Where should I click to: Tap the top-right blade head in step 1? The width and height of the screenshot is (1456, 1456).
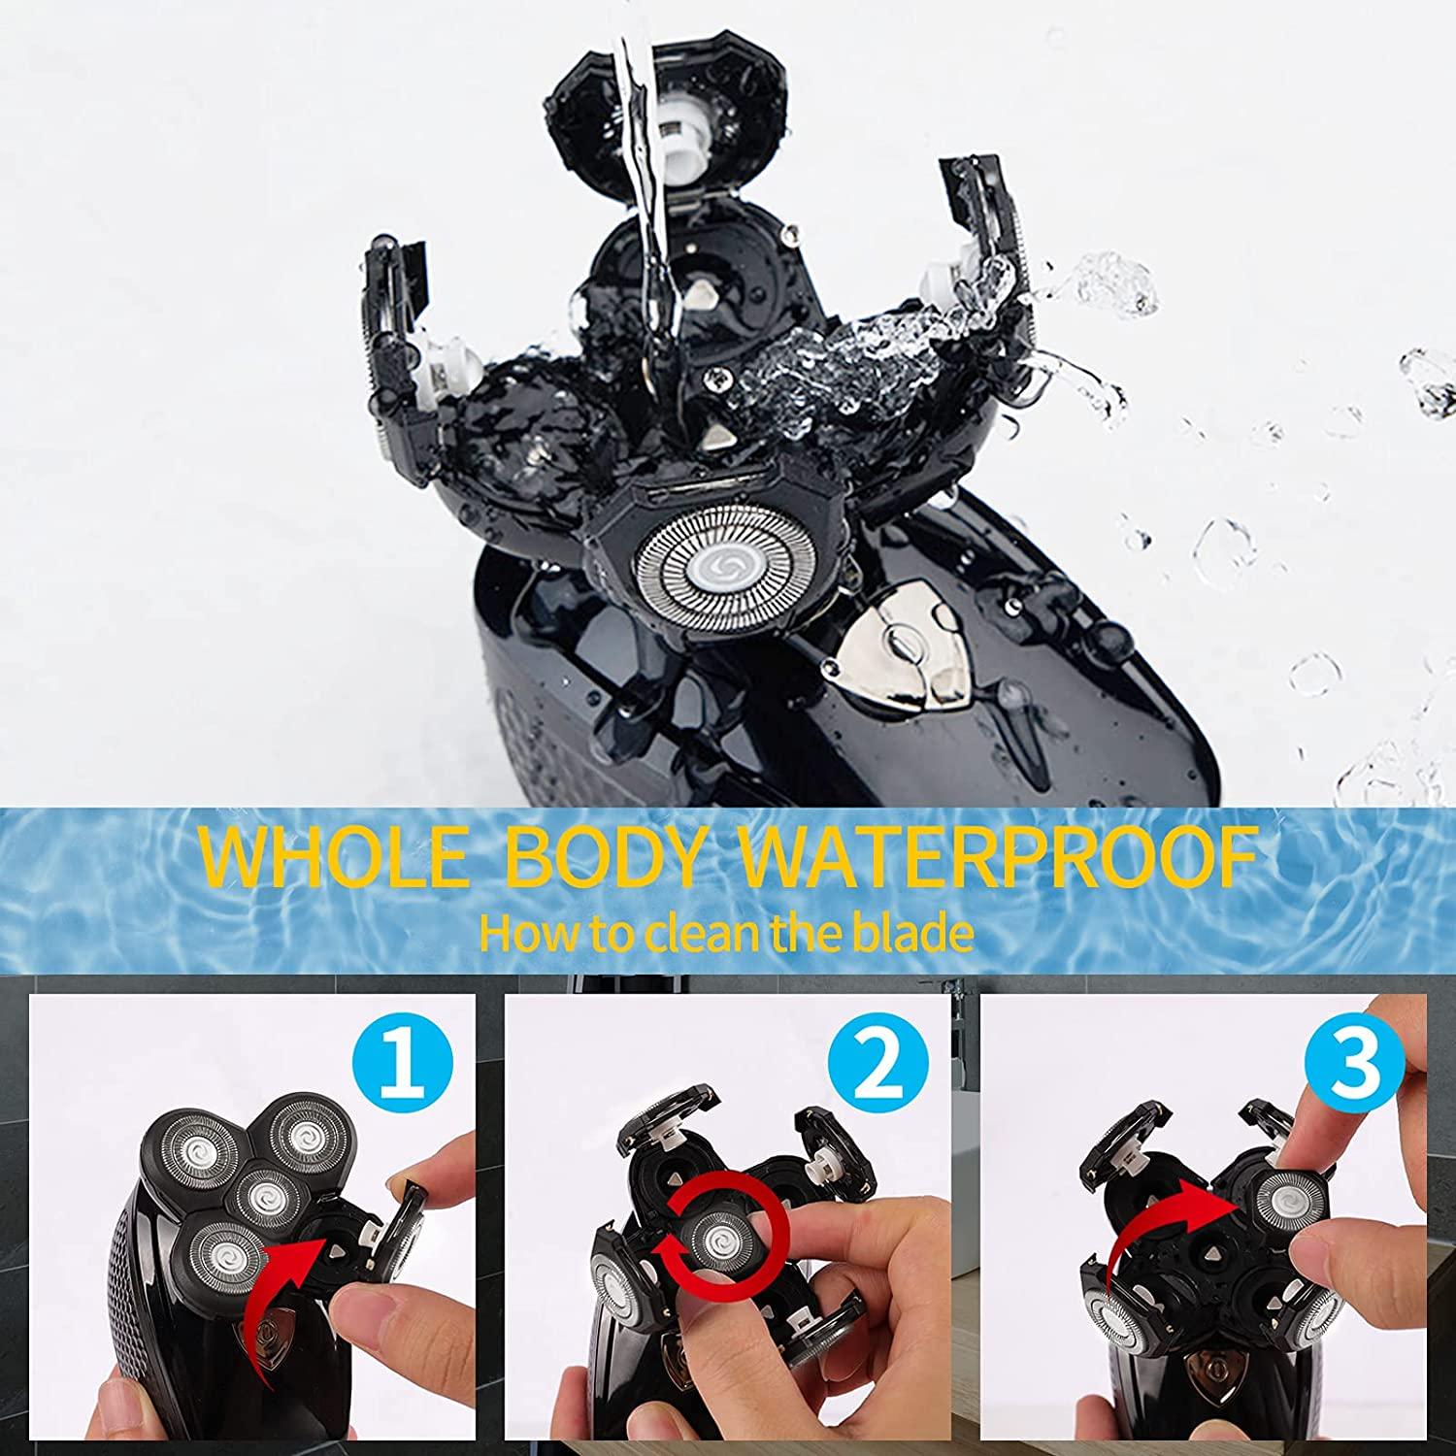tap(304, 1134)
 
